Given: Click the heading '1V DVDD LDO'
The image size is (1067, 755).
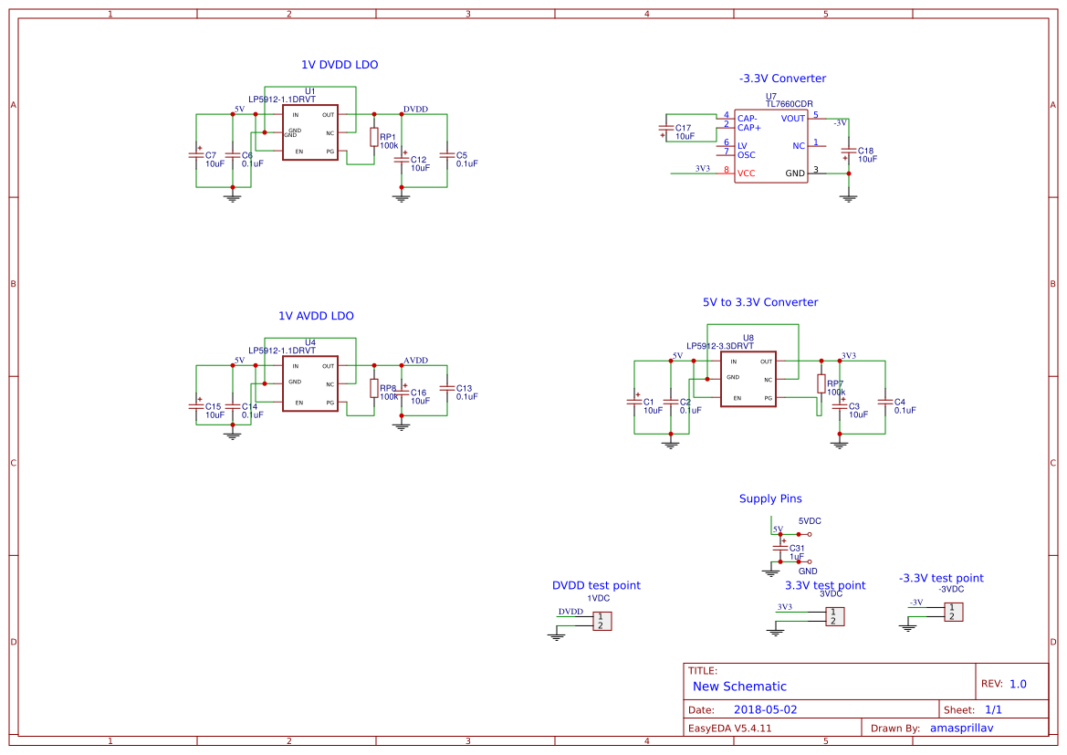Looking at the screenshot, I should click(340, 65).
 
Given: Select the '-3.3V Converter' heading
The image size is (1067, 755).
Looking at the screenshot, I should click(782, 79).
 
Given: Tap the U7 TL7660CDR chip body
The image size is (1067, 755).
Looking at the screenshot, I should click(771, 146).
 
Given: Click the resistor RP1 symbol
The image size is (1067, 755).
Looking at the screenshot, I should click(373, 137).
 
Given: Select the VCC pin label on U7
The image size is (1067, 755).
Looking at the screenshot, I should click(747, 173).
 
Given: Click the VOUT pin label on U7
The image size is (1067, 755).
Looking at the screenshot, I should click(793, 119).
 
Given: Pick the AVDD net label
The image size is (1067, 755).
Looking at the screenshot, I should click(415, 361).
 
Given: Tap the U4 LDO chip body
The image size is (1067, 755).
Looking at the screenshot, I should click(309, 383).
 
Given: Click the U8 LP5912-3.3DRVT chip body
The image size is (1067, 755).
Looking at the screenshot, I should click(748, 379).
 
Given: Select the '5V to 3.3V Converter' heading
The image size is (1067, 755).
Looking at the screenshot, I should click(760, 302).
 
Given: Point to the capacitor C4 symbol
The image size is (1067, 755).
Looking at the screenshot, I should click(884, 401).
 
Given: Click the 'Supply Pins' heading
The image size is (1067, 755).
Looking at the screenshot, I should click(770, 498).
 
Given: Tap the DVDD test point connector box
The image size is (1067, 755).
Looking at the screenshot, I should click(601, 621).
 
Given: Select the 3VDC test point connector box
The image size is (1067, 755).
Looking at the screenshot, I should click(833, 616).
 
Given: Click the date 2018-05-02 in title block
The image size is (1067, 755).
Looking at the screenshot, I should click(765, 709).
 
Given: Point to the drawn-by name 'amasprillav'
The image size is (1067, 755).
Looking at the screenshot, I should click(960, 728).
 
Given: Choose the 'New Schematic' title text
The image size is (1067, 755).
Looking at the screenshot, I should click(739, 686).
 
